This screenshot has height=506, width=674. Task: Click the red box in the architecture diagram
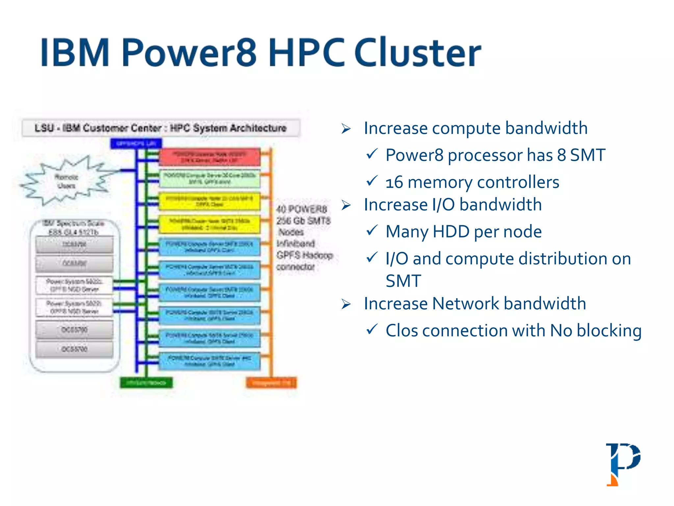click(x=209, y=157)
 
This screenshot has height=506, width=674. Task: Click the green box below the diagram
click(x=146, y=382)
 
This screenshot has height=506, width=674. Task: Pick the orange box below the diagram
click(x=271, y=383)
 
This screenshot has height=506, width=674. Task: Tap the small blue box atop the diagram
click(x=136, y=143)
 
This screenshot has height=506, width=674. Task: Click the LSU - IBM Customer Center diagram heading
click(x=161, y=128)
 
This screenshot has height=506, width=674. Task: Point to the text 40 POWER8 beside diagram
click(x=301, y=209)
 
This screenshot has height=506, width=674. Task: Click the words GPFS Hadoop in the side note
click(x=304, y=255)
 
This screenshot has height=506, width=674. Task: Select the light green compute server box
click(x=209, y=179)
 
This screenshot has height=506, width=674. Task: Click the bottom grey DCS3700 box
click(x=74, y=349)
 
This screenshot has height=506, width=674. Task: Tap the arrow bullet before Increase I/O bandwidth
click(x=346, y=205)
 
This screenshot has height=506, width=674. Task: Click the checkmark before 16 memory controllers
click(x=372, y=181)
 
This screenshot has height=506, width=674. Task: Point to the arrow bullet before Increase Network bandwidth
click(x=346, y=304)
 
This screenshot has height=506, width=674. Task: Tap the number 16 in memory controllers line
click(x=394, y=182)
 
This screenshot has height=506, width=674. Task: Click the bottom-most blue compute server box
click(x=209, y=361)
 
